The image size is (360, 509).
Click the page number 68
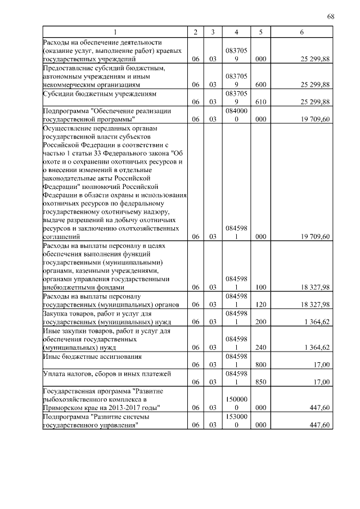pyautogui.click(x=331, y=16)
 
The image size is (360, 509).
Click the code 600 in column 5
pyautogui.click(x=260, y=84)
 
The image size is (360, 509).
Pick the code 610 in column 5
pyautogui.click(x=260, y=101)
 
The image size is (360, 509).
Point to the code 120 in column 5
pyautogui.click(x=260, y=304)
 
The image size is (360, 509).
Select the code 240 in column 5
pyautogui.click(x=260, y=348)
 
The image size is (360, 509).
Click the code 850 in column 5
pyautogui.click(x=260, y=381)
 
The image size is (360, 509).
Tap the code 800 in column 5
pyautogui.click(x=260, y=364)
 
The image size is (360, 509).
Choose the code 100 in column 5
pyautogui.click(x=260, y=287)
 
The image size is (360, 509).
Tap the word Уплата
pyautogui.click(x=54, y=373)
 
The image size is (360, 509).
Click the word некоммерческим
pyautogui.click(x=67, y=84)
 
